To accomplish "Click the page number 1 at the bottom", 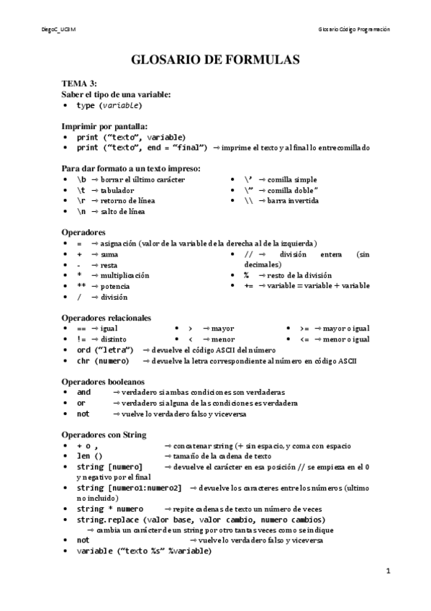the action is click(x=388, y=572).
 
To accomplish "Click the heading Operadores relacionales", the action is click(x=106, y=317).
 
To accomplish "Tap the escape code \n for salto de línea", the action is click(x=81, y=212).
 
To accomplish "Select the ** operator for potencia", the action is click(x=81, y=286).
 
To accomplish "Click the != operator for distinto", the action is click(x=81, y=339).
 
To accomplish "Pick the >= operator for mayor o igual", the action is click(x=304, y=328).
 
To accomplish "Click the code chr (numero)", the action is click(x=103, y=360).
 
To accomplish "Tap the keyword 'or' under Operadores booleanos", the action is click(x=81, y=403).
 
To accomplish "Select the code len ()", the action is click(x=89, y=456).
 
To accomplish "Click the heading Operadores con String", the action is click(x=104, y=434).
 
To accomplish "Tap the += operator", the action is click(x=248, y=286).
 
